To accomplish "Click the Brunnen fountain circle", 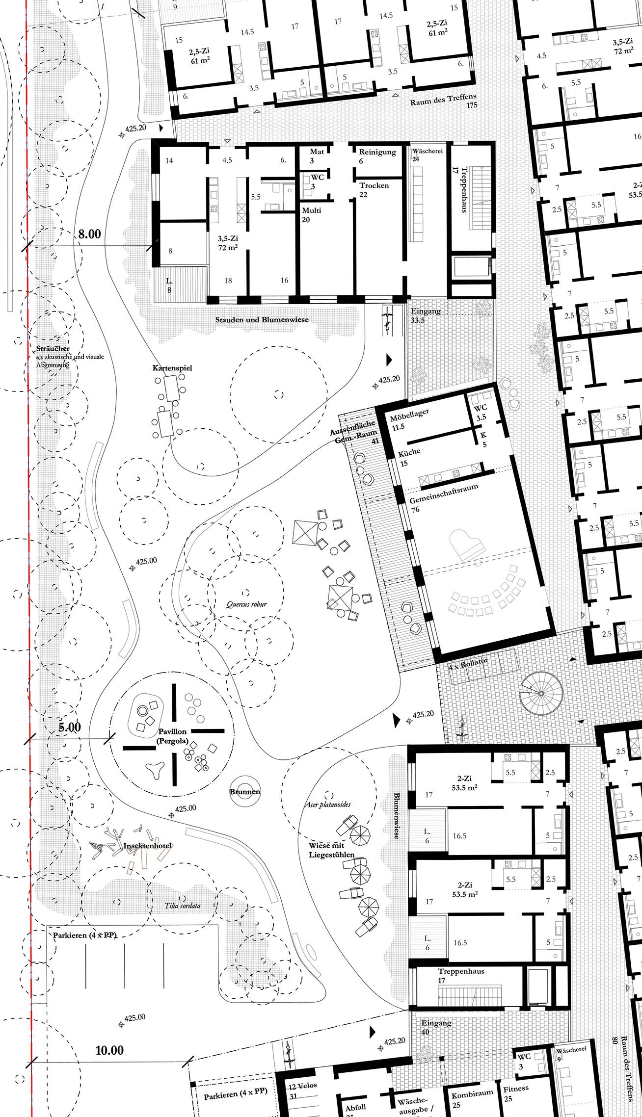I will click(245, 791).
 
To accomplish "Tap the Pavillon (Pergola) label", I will click(172, 736).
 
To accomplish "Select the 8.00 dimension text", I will click(89, 234).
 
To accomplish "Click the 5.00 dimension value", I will click(69, 727).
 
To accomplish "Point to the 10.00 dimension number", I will click(109, 1050).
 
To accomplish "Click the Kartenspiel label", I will click(172, 368).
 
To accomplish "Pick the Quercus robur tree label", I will click(246, 604).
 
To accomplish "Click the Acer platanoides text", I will click(328, 804).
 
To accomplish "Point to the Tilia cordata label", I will click(182, 905).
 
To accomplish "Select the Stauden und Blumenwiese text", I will click(262, 319).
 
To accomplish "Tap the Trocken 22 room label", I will click(374, 189).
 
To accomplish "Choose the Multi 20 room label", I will click(311, 214).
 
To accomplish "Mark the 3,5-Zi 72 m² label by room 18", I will click(228, 243).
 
